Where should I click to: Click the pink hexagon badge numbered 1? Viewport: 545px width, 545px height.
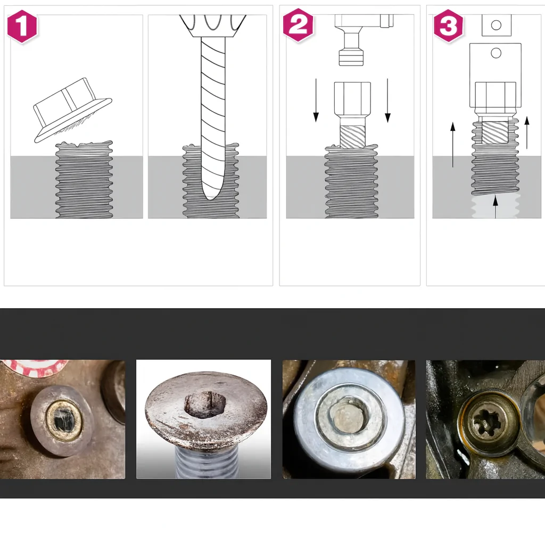[22, 26]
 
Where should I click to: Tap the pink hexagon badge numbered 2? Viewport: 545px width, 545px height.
[298, 25]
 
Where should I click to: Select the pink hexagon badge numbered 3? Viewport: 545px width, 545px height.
[448, 26]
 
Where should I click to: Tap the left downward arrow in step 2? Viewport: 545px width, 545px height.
[316, 100]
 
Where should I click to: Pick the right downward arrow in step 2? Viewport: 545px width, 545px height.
[387, 100]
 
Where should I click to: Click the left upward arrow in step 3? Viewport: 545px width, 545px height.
[452, 145]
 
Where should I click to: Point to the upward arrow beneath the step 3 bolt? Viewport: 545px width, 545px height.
[496, 207]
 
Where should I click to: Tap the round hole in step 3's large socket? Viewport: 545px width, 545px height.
[496, 53]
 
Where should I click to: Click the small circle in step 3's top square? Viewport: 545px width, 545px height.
[497, 25]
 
